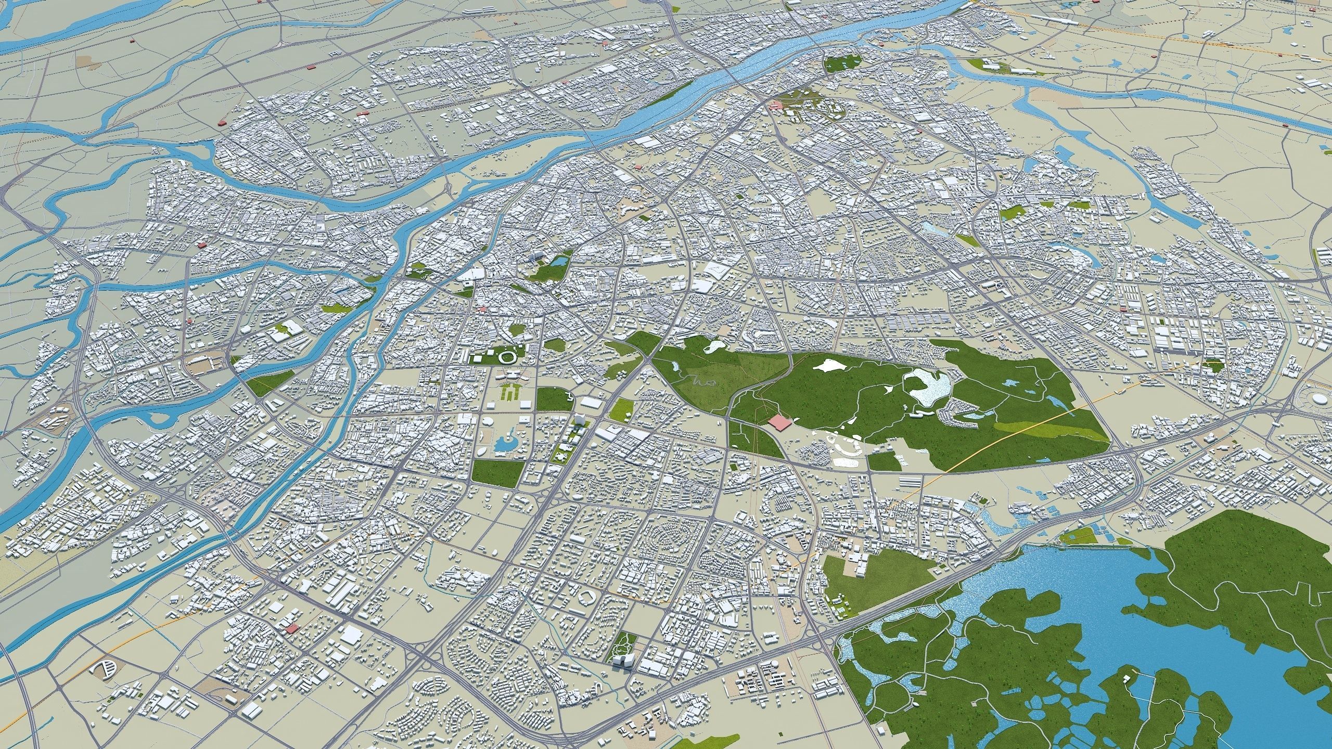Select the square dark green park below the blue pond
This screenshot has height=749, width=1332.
tap(497, 472)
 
